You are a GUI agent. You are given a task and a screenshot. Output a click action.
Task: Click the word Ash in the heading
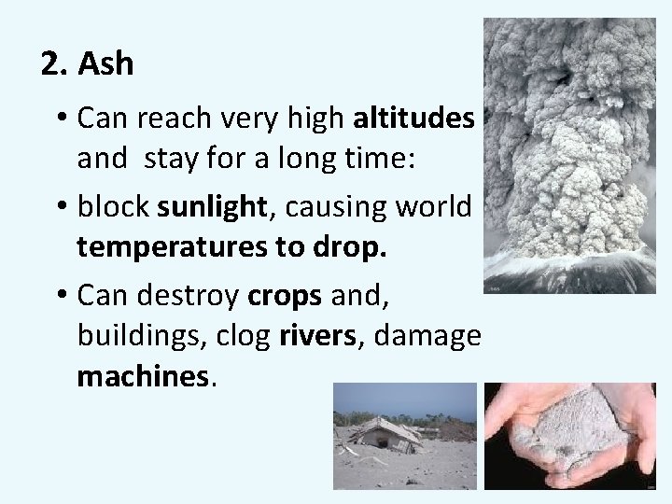(x=107, y=64)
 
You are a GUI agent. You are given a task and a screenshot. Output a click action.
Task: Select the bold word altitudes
(x=414, y=119)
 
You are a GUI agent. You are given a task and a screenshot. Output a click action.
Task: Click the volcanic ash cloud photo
(x=569, y=154)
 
